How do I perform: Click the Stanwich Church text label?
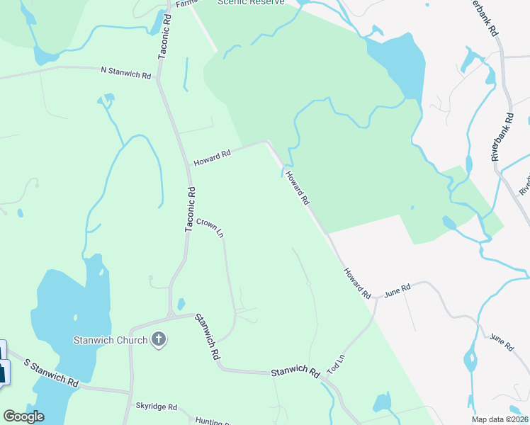111,340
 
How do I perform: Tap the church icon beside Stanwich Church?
159,340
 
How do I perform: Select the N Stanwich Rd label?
126,71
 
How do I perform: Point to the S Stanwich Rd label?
51,372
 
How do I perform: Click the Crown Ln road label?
210,227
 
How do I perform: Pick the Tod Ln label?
336,365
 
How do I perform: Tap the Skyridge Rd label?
156,407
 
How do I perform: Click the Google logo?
23,416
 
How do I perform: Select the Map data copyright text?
500,419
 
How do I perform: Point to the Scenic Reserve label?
252,2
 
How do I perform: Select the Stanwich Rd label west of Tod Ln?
295,370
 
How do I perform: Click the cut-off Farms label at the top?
185,3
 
